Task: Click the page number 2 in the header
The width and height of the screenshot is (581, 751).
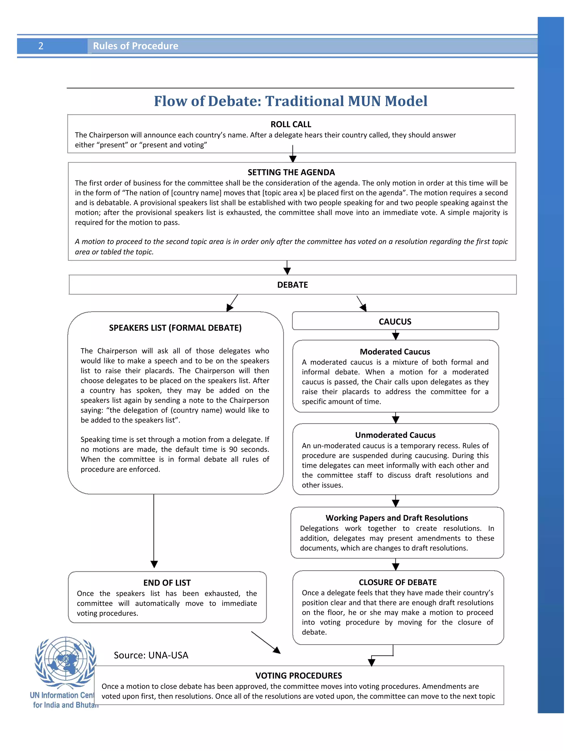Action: [x=41, y=46]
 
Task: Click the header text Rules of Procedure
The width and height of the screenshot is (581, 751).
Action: [x=135, y=46]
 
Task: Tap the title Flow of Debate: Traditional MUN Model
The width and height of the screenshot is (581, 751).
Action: [x=290, y=101]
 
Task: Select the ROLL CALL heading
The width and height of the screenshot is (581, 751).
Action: [x=291, y=124]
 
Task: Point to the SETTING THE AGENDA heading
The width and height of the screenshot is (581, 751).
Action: [x=291, y=172]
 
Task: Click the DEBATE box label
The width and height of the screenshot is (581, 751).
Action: [x=292, y=285]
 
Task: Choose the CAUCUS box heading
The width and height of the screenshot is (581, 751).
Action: [x=395, y=322]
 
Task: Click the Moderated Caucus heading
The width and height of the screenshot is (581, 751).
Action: [x=395, y=352]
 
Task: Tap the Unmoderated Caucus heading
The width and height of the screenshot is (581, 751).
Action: [x=395, y=435]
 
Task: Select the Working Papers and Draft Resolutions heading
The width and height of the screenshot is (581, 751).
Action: [x=397, y=518]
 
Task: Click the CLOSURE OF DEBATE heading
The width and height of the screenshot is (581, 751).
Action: [x=397, y=582]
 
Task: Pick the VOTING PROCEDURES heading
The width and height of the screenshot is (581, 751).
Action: [x=298, y=676]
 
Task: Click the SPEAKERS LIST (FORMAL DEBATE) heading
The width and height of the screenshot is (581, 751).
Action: [x=175, y=328]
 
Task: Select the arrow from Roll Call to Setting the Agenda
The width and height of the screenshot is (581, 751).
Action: [x=292, y=154]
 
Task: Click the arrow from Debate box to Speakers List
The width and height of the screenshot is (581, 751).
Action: [x=232, y=303]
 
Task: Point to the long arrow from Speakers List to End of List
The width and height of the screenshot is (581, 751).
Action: [x=154, y=531]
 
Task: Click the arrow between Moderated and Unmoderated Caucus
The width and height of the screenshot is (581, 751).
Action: [x=395, y=418]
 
